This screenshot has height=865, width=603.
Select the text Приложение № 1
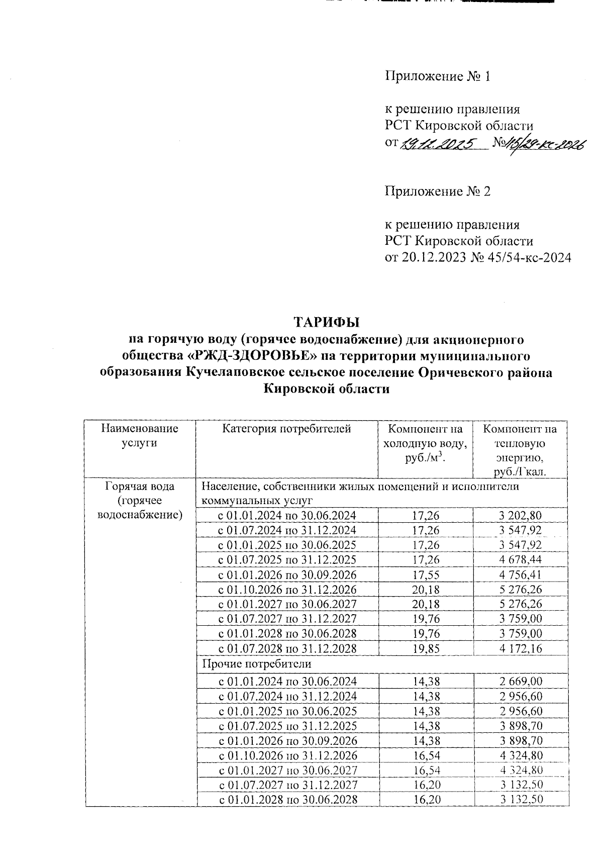[437, 76]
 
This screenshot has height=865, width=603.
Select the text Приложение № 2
[437, 191]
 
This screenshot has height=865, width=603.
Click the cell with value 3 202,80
[521, 515]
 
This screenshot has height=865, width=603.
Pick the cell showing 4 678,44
[521, 559]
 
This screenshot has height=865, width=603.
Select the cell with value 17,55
[426, 574]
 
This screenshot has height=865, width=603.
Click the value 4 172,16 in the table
[521, 648]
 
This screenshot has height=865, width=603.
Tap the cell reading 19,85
[426, 648]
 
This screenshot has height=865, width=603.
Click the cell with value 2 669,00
[521, 682]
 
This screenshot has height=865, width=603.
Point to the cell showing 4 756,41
[521, 574]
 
